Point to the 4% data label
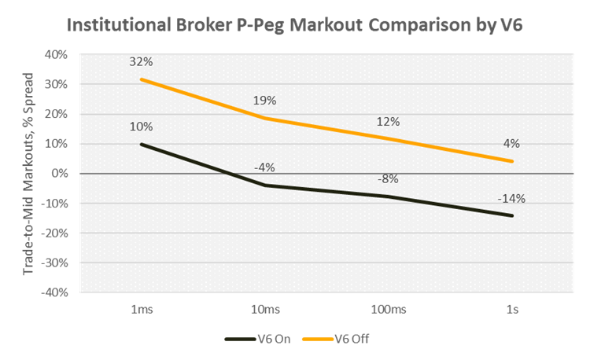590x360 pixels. click(512, 143)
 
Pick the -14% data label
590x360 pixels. click(511, 200)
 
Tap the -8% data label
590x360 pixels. click(387, 178)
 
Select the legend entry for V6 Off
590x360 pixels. click(334, 339)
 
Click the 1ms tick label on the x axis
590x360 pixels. click(142, 309)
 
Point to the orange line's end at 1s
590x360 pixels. click(513, 161)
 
